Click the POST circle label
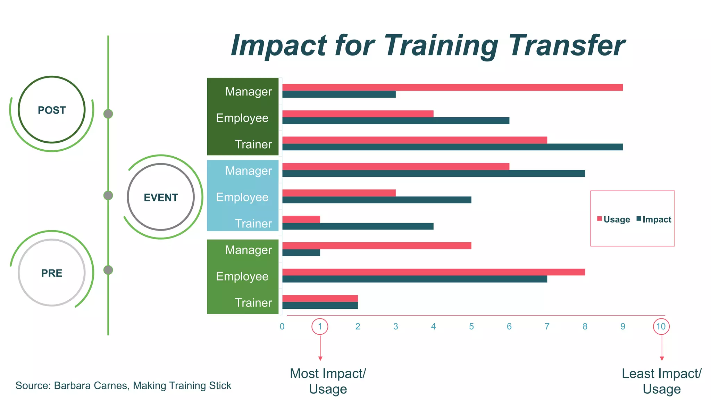click(52, 110)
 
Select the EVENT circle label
click(161, 198)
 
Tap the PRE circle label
click(52, 273)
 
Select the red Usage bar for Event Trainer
click(301, 219)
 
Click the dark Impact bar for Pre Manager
click(301, 253)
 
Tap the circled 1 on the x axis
click(320, 326)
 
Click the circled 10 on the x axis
click(661, 326)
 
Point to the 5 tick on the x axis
click(471, 326)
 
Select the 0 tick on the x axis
click(282, 326)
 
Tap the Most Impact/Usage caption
click(328, 381)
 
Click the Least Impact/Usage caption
click(661, 381)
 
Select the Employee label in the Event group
click(242, 197)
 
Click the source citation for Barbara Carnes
click(123, 385)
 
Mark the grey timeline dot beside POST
click(108, 114)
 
